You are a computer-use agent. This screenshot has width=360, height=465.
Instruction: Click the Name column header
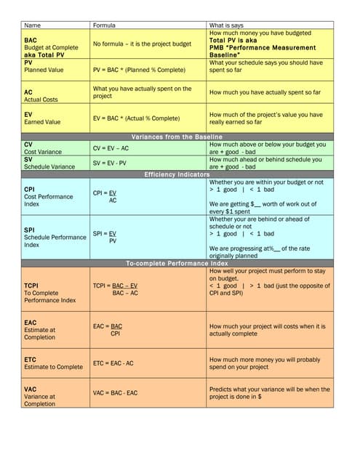click(33, 25)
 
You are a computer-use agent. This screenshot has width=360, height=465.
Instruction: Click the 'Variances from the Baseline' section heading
click(177, 137)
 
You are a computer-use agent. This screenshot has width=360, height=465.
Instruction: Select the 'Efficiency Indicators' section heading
click(177, 174)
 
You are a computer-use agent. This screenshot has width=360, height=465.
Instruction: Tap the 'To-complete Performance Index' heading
click(177, 263)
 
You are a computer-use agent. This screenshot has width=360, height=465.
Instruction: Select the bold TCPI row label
click(32, 286)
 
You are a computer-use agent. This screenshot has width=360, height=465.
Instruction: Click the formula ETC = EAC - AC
click(113, 363)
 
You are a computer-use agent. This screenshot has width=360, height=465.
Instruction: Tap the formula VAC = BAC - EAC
click(115, 392)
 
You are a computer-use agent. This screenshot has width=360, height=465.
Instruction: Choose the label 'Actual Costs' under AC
click(41, 100)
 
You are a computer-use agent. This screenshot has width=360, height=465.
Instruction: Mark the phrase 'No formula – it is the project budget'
click(142, 44)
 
